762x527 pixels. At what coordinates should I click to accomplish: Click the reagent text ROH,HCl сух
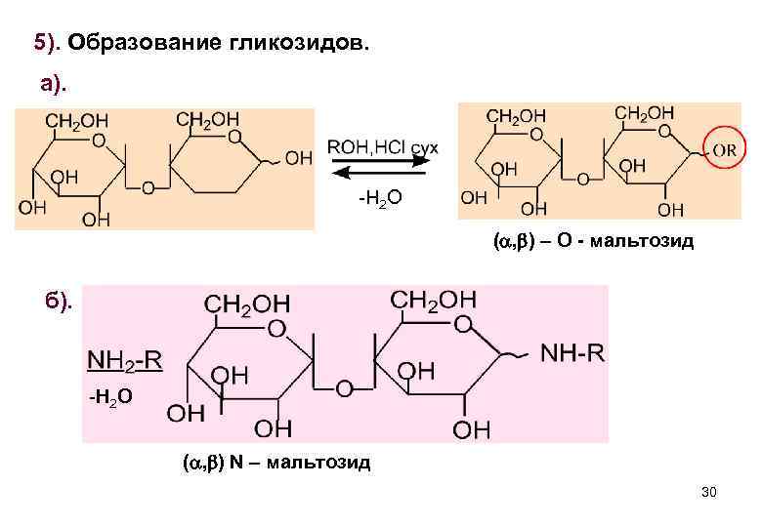click(x=382, y=146)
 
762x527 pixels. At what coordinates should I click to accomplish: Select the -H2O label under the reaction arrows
click(x=379, y=200)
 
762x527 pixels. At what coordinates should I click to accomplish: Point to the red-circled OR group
click(x=724, y=152)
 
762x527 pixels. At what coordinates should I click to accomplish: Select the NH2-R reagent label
click(x=125, y=360)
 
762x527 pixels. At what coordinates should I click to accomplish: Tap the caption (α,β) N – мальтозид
click(x=276, y=461)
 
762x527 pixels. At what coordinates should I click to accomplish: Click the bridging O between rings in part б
click(x=344, y=388)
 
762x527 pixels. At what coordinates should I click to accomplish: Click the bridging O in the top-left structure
click(x=148, y=187)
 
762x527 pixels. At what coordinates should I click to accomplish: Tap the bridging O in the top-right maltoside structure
click(x=583, y=179)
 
